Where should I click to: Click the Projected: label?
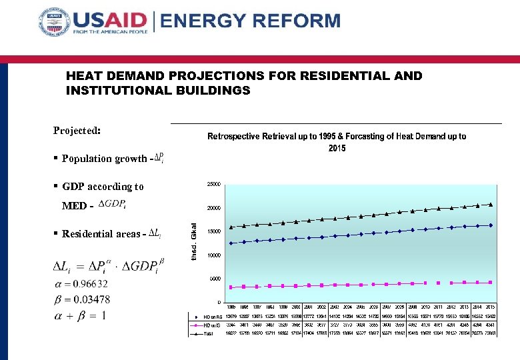[x=77, y=131]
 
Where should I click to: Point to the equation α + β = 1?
[x=79, y=315]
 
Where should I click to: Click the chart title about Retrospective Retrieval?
[x=337, y=141]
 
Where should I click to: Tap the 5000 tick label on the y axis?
[x=215, y=279]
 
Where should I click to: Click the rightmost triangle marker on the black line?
[x=491, y=205]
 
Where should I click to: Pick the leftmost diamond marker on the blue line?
[x=231, y=243]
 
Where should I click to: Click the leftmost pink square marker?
[x=231, y=287]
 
